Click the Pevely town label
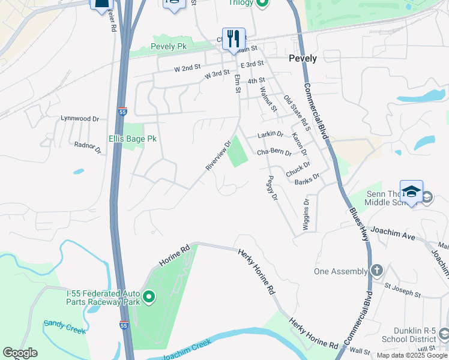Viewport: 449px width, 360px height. click(303, 59)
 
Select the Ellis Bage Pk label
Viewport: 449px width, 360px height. click(133, 139)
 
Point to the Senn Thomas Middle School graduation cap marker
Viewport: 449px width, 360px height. click(411, 191)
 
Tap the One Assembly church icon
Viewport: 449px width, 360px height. click(377, 271)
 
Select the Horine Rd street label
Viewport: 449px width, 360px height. click(174, 255)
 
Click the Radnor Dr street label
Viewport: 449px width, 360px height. click(87, 147)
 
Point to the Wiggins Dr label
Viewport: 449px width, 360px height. click(306, 211)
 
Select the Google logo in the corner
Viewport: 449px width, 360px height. click(20, 353)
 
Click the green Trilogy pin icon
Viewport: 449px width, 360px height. click(262, 3)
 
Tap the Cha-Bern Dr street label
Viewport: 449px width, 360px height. click(274, 152)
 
